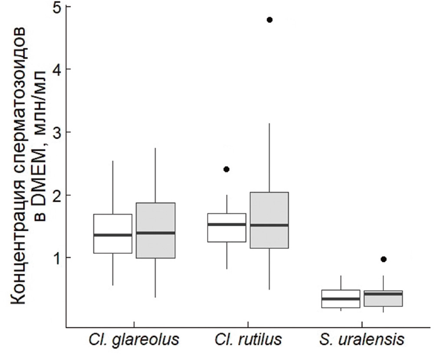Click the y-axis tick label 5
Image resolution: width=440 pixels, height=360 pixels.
(x=55, y=7)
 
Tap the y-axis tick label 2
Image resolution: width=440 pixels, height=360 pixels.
(x=55, y=195)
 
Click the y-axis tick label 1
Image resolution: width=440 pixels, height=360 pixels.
(x=55, y=258)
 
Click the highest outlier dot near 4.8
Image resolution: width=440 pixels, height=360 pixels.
(x=269, y=20)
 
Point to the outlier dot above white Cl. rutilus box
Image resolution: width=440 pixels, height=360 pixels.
(x=227, y=169)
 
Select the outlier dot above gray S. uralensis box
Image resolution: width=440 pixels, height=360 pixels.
(x=383, y=259)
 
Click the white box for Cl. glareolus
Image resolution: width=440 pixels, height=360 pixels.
(x=113, y=226)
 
